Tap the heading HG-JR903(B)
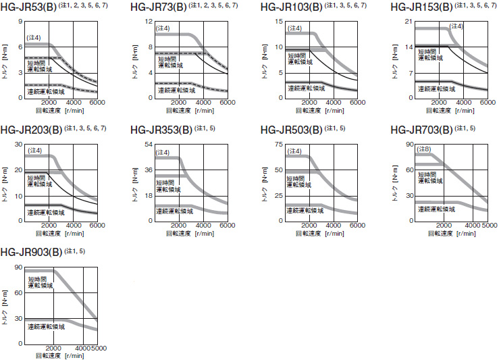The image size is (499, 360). coord(31,253)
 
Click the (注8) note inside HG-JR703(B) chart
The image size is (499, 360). coord(423,149)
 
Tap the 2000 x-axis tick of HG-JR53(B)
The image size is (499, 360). coord(49,102)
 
